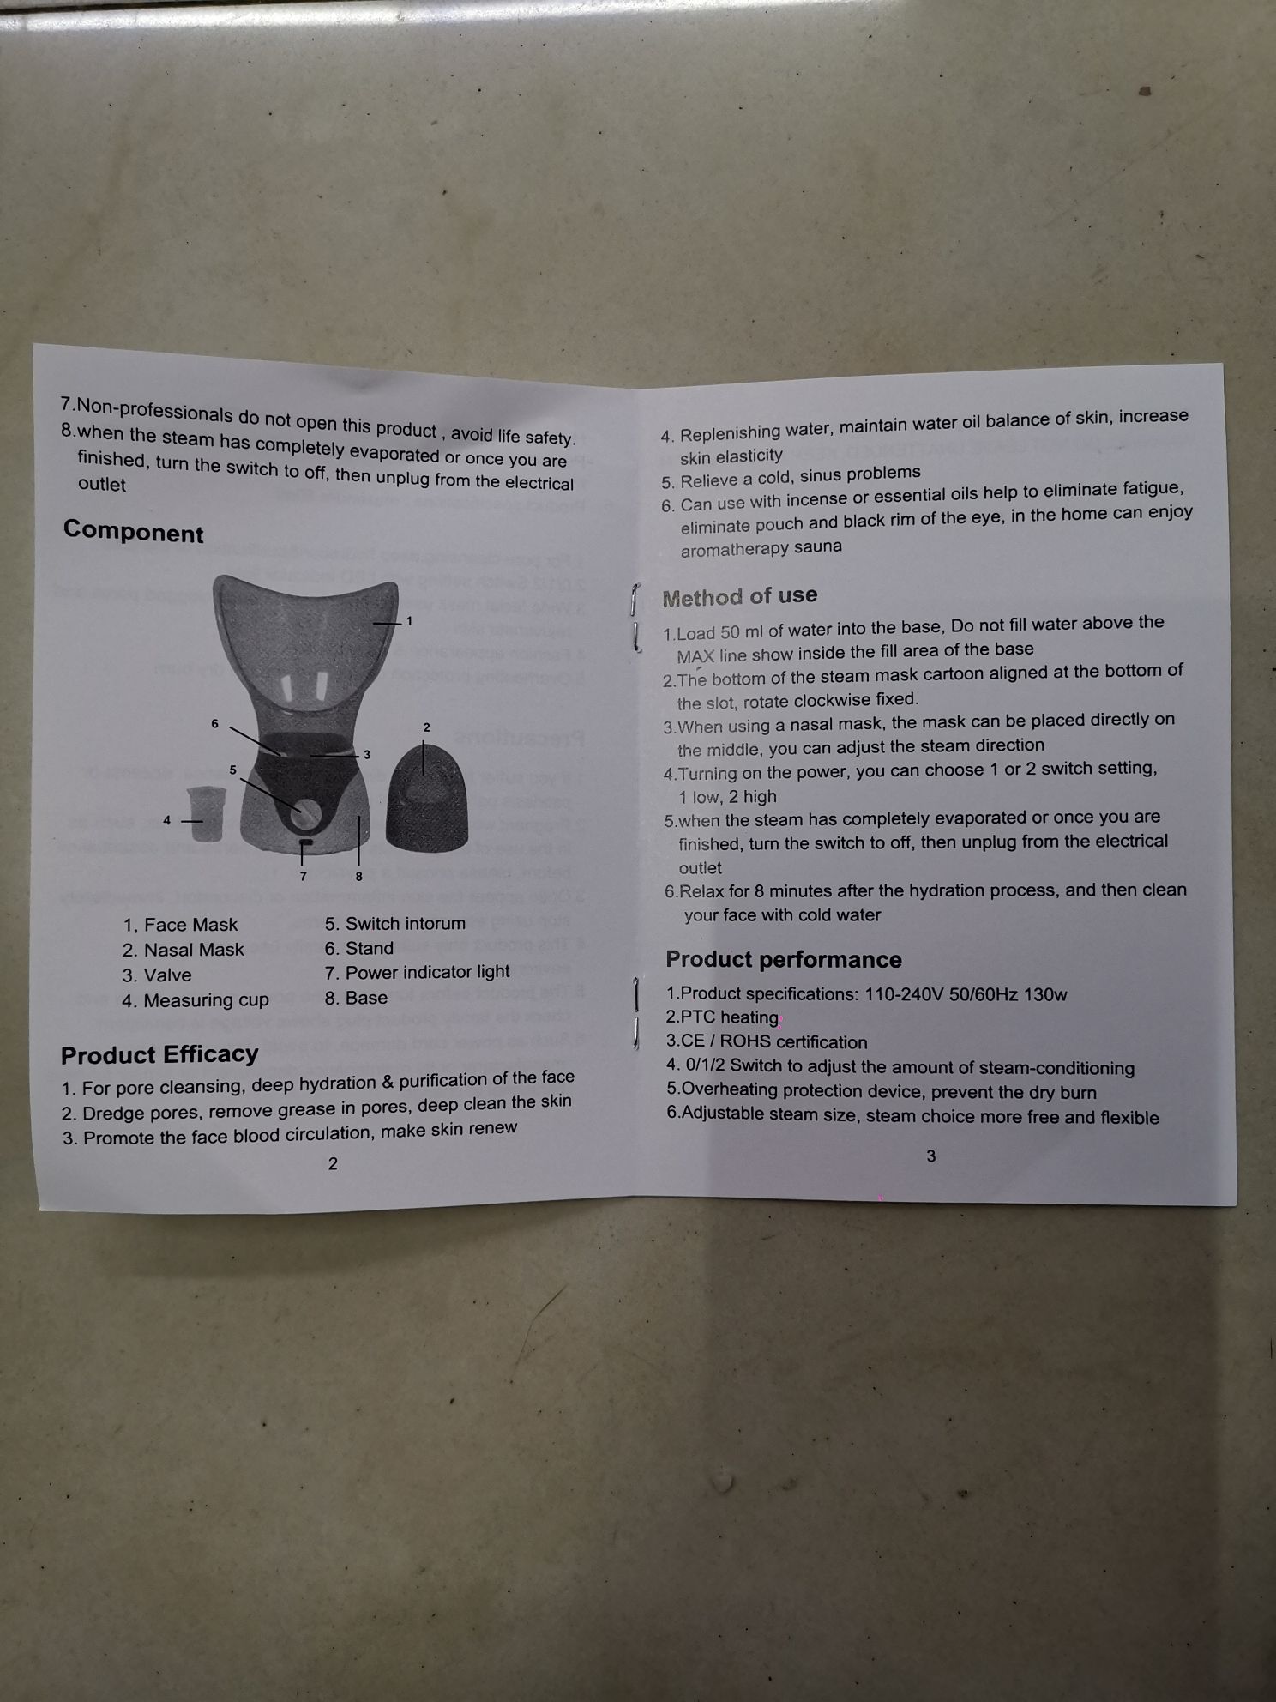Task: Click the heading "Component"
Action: [133, 532]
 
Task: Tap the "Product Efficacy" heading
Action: [159, 1054]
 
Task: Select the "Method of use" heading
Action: [740, 596]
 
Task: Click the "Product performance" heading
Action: [784, 959]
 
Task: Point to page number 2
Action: [333, 1163]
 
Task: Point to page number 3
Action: [931, 1156]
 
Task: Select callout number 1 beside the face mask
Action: [409, 620]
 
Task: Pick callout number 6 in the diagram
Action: [215, 723]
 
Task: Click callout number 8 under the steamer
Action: [359, 876]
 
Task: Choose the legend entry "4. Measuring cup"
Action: [196, 1000]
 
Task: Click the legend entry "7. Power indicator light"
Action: [418, 972]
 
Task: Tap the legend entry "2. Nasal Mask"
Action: [183, 950]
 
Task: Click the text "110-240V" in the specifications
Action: [906, 994]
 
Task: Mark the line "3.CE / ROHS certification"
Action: [767, 1042]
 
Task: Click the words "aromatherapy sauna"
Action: [761, 547]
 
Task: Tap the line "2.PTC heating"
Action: [723, 1017]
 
